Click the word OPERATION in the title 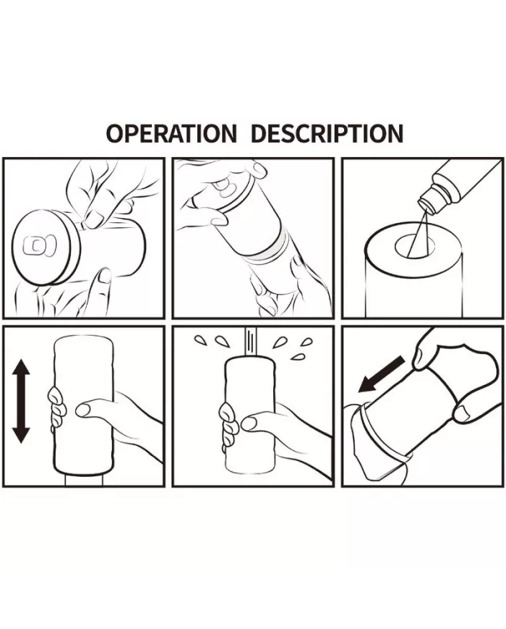(171, 133)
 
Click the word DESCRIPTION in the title (327, 133)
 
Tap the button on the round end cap (38, 246)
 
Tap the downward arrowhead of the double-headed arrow (21, 434)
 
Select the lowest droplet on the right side (296, 356)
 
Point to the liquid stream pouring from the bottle (419, 233)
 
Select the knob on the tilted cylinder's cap (223, 187)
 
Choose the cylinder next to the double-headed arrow (83, 405)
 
